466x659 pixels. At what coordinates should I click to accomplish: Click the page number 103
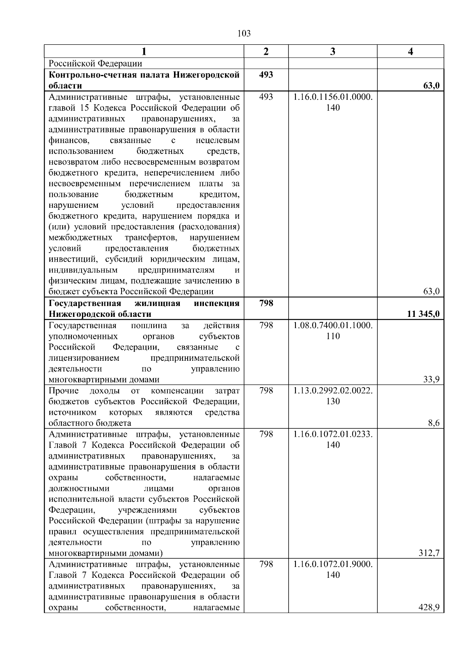(x=244, y=34)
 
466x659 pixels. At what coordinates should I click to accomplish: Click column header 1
(x=144, y=52)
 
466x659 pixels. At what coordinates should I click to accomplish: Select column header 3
(x=332, y=52)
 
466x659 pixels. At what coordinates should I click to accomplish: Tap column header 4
(x=410, y=52)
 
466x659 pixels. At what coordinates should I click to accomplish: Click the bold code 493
(x=266, y=75)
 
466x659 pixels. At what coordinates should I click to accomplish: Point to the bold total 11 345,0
(x=423, y=314)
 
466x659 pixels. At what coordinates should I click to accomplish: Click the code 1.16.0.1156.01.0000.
(x=333, y=97)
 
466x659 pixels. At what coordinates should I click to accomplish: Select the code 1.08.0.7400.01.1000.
(x=333, y=325)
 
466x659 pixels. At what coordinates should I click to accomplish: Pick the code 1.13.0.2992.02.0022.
(x=333, y=391)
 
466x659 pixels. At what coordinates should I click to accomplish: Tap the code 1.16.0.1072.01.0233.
(x=333, y=434)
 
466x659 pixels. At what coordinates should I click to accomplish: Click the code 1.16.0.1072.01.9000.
(x=333, y=564)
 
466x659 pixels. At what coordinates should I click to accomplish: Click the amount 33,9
(x=431, y=379)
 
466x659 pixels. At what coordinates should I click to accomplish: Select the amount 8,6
(x=433, y=423)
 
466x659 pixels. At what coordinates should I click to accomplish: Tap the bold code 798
(x=266, y=303)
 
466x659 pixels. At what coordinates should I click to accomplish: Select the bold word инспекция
(x=216, y=303)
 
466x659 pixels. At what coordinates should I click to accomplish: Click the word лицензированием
(x=84, y=358)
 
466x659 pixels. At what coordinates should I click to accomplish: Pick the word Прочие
(x=64, y=391)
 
